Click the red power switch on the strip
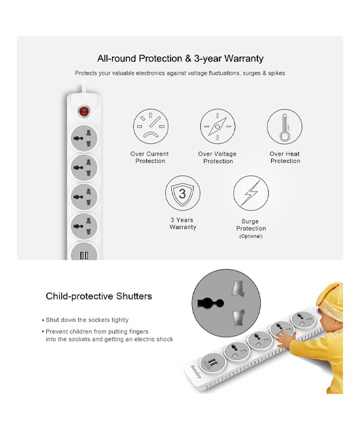coord(84,111)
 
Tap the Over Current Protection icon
coord(151,126)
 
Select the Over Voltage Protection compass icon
coord(218,126)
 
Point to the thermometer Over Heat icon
coord(285,126)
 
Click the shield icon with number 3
coord(183,193)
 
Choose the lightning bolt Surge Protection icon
coord(251,193)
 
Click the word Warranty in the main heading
coord(244,58)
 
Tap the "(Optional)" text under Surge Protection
coord(251,236)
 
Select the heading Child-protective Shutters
coord(98,296)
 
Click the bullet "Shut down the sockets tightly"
coord(86,320)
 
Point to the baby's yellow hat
coord(330,300)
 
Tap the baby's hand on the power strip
coord(286,340)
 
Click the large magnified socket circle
coord(226,303)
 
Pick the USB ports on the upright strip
coord(84,255)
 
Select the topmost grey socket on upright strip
coord(84,138)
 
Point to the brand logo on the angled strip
coord(196,372)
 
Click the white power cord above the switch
coord(84,87)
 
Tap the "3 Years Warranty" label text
coord(183,223)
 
